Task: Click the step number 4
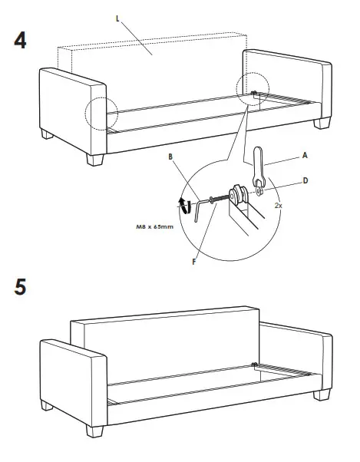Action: pos(21,40)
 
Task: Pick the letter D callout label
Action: pos(305,181)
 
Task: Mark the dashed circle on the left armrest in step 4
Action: pos(101,114)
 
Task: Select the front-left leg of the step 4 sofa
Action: pos(95,160)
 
